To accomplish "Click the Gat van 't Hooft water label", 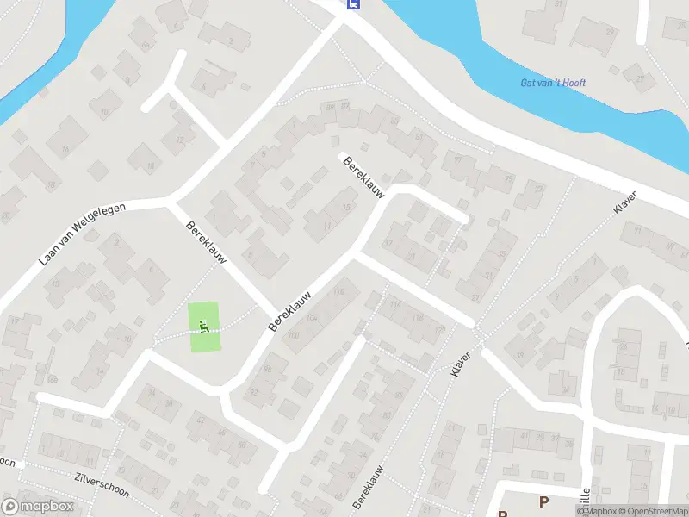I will click(553, 83).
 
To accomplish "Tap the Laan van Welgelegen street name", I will click(83, 234).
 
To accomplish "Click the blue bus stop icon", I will click(353, 3).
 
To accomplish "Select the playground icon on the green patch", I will click(204, 326).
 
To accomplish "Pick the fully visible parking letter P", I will click(543, 501).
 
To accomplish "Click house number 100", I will click(293, 336).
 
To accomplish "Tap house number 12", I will click(179, 140).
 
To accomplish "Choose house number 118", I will click(419, 319).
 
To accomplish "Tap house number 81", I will click(395, 121).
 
